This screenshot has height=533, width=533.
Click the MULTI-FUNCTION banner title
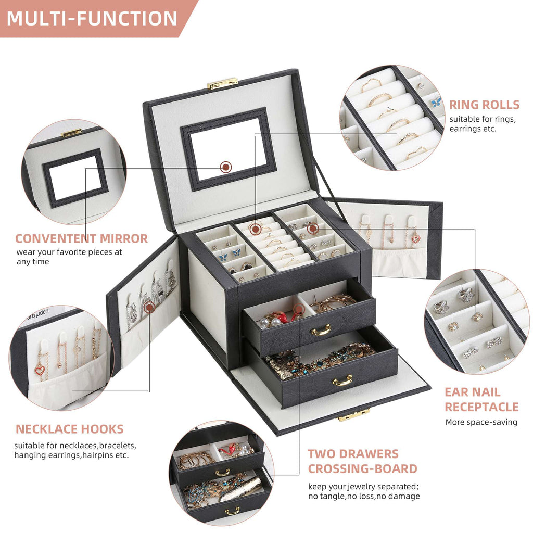point(92,18)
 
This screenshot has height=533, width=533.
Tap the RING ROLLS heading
point(484,105)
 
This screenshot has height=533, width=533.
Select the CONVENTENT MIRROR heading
point(81,239)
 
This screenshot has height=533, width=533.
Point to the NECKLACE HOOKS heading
point(69,429)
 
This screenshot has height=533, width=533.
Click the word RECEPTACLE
point(481,407)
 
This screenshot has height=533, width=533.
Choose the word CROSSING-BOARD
point(362,468)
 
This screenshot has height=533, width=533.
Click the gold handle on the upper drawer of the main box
point(321,329)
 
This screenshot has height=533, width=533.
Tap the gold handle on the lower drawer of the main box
point(342,380)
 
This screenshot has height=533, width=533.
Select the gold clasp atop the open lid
point(222,83)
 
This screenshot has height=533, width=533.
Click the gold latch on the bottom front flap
point(354,415)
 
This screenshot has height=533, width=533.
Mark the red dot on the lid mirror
point(226,167)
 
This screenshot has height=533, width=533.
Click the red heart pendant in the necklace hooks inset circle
point(40,370)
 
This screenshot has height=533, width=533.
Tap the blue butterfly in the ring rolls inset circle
point(436,103)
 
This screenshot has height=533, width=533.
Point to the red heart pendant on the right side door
point(416,238)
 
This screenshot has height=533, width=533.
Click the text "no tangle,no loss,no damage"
point(364,496)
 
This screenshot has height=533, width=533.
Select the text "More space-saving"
point(481,422)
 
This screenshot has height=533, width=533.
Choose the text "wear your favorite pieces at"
point(69,252)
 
